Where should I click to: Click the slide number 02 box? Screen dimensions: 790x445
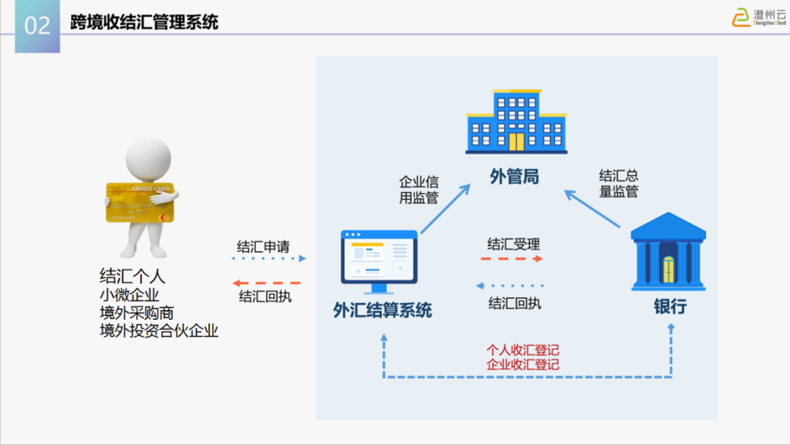click(x=37, y=26)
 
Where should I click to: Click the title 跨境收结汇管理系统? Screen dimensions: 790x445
click(x=144, y=23)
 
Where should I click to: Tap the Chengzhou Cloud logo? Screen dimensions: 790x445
click(x=759, y=17)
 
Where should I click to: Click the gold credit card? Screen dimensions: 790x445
click(x=139, y=202)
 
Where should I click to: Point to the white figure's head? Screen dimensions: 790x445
click(x=148, y=157)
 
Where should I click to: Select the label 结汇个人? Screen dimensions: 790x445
click(x=132, y=276)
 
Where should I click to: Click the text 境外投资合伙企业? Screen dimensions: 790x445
click(x=159, y=331)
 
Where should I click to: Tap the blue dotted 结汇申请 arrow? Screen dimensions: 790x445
click(x=268, y=258)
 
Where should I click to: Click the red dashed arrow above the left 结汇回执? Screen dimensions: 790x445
click(x=266, y=283)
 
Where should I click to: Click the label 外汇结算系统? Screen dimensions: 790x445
click(x=383, y=310)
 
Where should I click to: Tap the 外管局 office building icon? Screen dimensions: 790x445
click(x=516, y=121)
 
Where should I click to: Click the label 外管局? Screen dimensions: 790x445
click(x=514, y=176)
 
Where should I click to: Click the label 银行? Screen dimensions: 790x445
click(x=670, y=307)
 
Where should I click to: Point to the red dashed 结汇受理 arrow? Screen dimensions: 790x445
click(x=512, y=259)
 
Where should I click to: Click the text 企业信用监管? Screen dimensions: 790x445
click(x=418, y=189)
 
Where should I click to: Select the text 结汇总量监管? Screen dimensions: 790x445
click(x=619, y=184)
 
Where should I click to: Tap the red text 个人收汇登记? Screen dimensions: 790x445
click(x=522, y=351)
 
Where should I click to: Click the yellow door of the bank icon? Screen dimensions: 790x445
click(x=669, y=269)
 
